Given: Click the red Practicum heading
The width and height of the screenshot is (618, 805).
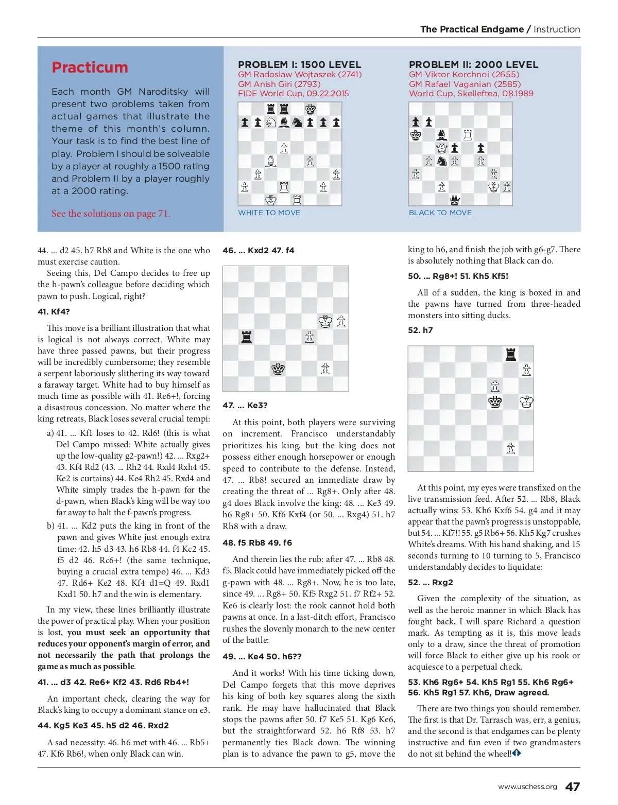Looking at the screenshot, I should click(x=90, y=67).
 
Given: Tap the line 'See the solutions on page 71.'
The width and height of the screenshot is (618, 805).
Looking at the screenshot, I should click(x=111, y=214).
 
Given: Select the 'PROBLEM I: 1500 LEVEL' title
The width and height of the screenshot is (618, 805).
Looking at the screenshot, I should click(x=299, y=64).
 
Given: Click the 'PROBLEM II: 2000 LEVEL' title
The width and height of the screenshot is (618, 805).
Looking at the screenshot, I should click(x=473, y=64).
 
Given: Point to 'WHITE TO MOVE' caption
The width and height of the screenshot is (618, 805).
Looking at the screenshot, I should click(x=269, y=213).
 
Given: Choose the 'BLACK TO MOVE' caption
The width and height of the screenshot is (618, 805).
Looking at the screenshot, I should click(x=440, y=213).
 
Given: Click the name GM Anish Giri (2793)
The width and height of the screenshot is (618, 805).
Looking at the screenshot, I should click(x=279, y=84).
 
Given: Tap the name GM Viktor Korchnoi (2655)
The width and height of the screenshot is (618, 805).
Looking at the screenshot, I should click(x=464, y=74).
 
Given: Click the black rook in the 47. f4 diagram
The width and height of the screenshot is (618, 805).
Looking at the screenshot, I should click(x=247, y=337).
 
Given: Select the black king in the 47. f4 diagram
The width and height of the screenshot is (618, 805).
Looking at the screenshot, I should click(x=278, y=369).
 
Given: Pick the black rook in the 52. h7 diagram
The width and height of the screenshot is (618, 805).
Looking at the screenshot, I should click(x=510, y=354).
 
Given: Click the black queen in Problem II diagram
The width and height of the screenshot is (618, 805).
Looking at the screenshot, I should click(x=455, y=200).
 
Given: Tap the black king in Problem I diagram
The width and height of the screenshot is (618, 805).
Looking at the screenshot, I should click(x=310, y=109).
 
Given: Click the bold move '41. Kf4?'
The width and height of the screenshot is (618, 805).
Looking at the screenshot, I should click(x=54, y=312).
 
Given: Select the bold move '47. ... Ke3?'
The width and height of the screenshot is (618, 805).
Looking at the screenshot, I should click(x=245, y=406).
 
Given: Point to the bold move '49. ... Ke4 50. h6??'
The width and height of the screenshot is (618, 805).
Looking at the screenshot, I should click(x=262, y=657).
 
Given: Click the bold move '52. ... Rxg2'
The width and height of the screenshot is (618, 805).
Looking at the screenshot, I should click(x=431, y=583).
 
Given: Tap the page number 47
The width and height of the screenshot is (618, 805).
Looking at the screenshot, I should click(x=572, y=786).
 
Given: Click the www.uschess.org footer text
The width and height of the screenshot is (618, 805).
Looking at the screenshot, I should click(x=527, y=787).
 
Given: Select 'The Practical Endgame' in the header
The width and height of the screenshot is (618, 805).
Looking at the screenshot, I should click(x=472, y=29).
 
